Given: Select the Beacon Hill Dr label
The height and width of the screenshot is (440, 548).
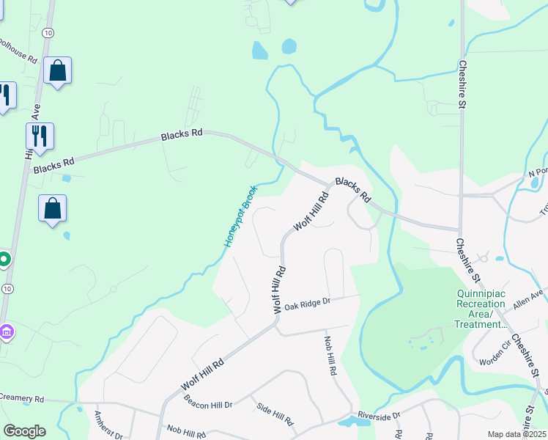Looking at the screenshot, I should (x=207, y=404).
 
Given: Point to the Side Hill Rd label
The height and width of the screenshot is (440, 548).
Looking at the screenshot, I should (x=275, y=415).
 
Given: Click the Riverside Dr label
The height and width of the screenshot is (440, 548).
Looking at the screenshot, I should (x=379, y=416).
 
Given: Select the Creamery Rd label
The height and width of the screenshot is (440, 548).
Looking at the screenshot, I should (x=22, y=398).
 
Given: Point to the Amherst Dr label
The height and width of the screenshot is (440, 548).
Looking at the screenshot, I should (x=108, y=425).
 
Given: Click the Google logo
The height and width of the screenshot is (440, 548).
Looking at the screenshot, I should (x=24, y=431).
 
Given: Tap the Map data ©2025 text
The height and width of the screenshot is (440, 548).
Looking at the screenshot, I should (x=516, y=434).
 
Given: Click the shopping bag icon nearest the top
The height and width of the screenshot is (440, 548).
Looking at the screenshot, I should (x=57, y=71).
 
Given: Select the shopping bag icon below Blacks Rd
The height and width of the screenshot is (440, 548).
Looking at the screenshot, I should (x=53, y=208).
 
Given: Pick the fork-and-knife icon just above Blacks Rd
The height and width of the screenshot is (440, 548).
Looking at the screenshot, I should (x=40, y=136).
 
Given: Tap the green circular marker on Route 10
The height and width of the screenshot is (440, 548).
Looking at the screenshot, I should (x=4, y=260).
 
